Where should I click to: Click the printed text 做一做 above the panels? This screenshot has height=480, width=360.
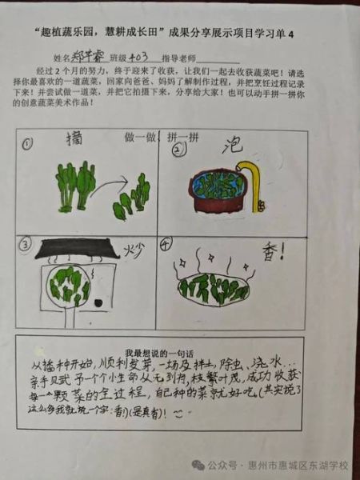pyautogui.click(x=139, y=136)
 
